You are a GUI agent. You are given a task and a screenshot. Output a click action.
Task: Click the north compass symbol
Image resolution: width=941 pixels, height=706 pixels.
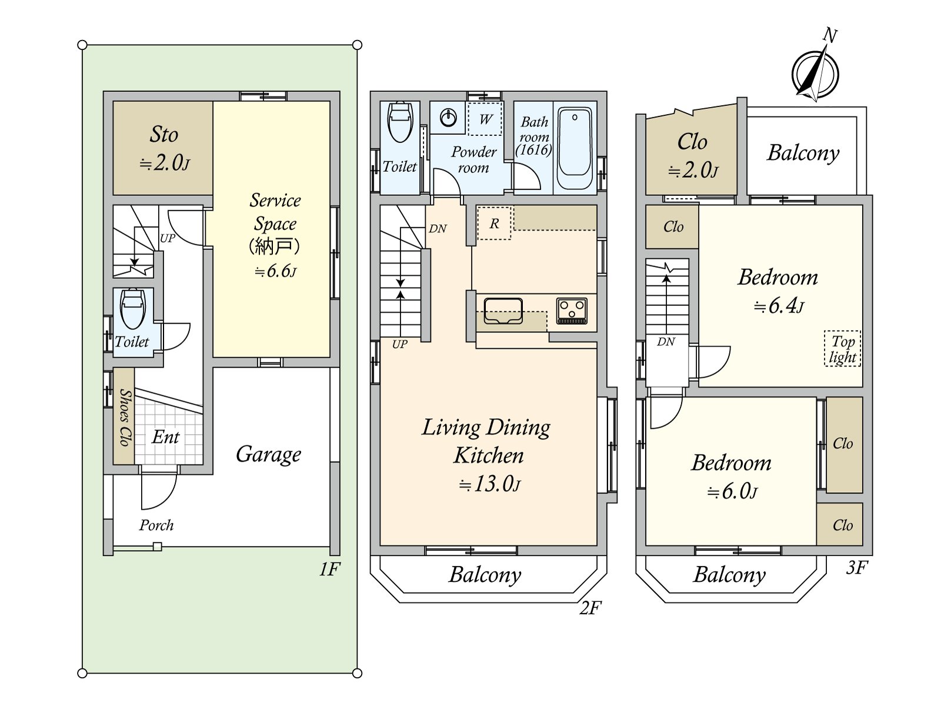815,74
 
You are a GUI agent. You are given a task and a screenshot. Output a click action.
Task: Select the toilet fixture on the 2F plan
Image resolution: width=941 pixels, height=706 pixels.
401,122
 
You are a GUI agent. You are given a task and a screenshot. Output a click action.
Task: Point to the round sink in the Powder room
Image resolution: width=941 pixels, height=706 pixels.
449,117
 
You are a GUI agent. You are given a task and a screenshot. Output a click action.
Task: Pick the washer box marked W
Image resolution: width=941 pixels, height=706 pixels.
485,119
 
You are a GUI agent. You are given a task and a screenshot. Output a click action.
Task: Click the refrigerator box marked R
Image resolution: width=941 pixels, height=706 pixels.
494,223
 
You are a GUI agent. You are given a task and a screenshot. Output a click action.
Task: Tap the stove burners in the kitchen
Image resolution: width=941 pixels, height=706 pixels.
572,311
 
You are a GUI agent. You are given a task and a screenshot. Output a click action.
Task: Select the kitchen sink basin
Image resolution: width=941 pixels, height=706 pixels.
503,311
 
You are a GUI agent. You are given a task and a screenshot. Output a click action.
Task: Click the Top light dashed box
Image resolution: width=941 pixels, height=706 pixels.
842,349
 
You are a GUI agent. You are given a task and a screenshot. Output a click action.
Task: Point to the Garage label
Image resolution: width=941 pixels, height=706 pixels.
269,454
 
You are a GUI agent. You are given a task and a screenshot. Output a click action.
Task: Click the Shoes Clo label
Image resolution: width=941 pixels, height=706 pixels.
124,417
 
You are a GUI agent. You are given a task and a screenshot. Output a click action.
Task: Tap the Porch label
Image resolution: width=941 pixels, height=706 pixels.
156,525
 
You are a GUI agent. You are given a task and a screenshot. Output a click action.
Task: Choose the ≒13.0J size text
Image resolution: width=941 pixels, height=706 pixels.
489,484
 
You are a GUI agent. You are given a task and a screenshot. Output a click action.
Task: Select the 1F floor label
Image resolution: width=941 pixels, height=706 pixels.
330,569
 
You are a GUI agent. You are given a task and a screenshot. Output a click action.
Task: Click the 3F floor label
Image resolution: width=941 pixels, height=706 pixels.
857,567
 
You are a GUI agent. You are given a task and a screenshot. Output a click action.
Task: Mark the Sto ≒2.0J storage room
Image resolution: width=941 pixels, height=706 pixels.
163,148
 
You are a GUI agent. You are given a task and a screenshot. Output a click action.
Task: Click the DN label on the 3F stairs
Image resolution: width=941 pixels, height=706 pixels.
666,341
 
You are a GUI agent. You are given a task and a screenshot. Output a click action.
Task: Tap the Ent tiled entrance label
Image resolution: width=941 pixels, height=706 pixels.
165,437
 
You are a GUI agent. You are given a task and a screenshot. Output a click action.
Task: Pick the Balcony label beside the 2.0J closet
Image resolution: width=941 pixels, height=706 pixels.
803,152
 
